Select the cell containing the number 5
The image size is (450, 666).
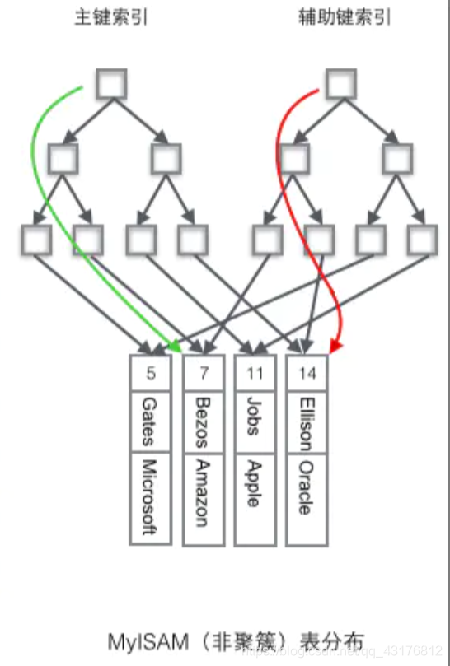[151, 373]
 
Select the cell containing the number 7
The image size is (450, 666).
[204, 373]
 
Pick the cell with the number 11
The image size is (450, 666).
[255, 373]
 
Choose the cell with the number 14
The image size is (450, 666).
[307, 373]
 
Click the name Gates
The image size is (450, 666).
[149, 421]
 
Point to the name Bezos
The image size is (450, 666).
[203, 421]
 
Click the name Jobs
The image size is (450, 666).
[255, 416]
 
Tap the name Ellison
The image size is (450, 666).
[307, 422]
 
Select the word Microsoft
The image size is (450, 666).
[149, 497]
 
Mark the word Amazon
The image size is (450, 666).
[203, 494]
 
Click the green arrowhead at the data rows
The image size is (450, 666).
[176, 348]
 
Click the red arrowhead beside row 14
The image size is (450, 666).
[334, 347]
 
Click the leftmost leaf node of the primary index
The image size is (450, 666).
[36, 240]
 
